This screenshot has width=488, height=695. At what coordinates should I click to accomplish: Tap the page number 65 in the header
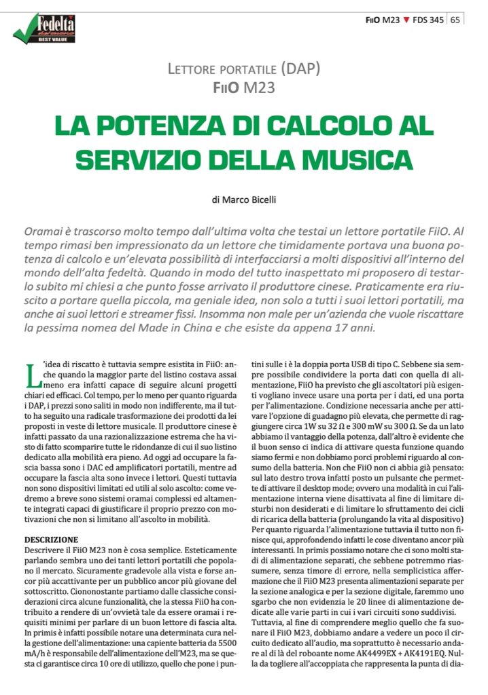[x=454, y=20]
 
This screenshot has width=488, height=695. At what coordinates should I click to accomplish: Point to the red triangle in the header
[x=406, y=20]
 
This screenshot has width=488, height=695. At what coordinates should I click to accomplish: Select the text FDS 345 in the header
[x=428, y=20]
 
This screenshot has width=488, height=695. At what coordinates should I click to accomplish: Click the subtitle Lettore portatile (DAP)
[x=243, y=69]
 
